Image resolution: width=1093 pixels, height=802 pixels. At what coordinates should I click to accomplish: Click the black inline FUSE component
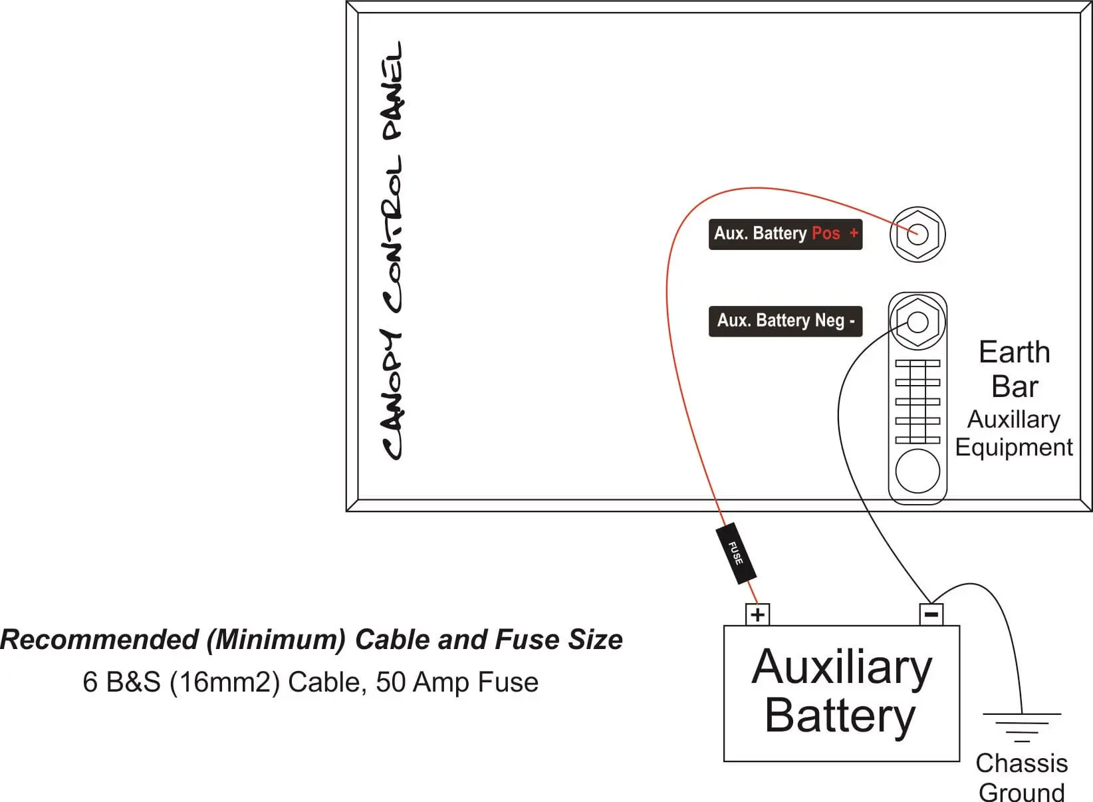(736, 553)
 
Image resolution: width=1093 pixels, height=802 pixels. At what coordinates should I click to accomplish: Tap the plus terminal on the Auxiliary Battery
(757, 614)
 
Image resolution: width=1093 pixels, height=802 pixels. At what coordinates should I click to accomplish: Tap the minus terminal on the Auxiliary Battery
(931, 614)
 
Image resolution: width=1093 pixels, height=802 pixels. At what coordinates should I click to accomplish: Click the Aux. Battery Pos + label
(785, 234)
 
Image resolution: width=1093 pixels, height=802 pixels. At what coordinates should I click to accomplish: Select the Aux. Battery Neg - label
(785, 321)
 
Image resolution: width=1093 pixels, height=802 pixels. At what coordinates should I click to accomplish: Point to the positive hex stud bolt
(917, 234)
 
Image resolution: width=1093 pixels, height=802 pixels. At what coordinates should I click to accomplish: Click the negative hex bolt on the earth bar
(917, 322)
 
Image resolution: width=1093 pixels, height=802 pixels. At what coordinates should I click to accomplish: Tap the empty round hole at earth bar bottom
(917, 471)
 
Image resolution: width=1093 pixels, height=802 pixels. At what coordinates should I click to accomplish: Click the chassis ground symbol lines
(1022, 728)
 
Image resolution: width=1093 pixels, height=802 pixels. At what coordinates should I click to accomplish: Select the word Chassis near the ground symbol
(1022, 763)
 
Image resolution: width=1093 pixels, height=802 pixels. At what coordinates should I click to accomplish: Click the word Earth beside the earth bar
(1015, 352)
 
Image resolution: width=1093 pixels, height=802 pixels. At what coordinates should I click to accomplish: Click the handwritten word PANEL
(392, 91)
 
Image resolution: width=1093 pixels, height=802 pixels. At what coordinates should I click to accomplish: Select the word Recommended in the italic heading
(100, 640)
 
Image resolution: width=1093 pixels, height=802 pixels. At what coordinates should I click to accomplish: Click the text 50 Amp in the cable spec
(424, 682)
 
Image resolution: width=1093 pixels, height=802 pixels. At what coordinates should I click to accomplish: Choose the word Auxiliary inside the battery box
(842, 668)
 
